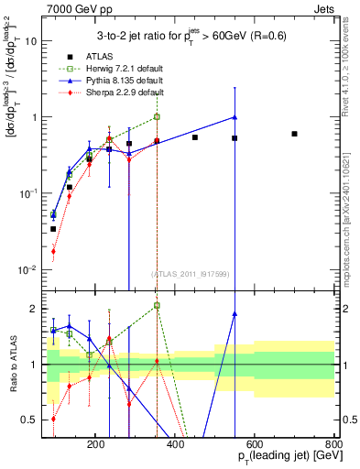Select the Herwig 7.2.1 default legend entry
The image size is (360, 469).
click(x=122, y=69)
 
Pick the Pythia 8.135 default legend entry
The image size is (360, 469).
click(x=122, y=81)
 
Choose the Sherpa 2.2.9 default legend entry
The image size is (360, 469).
click(x=122, y=93)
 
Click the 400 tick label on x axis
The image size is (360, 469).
click(x=216, y=443)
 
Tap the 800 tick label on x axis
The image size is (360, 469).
click(x=334, y=443)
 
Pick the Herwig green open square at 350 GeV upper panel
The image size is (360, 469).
click(x=157, y=117)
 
